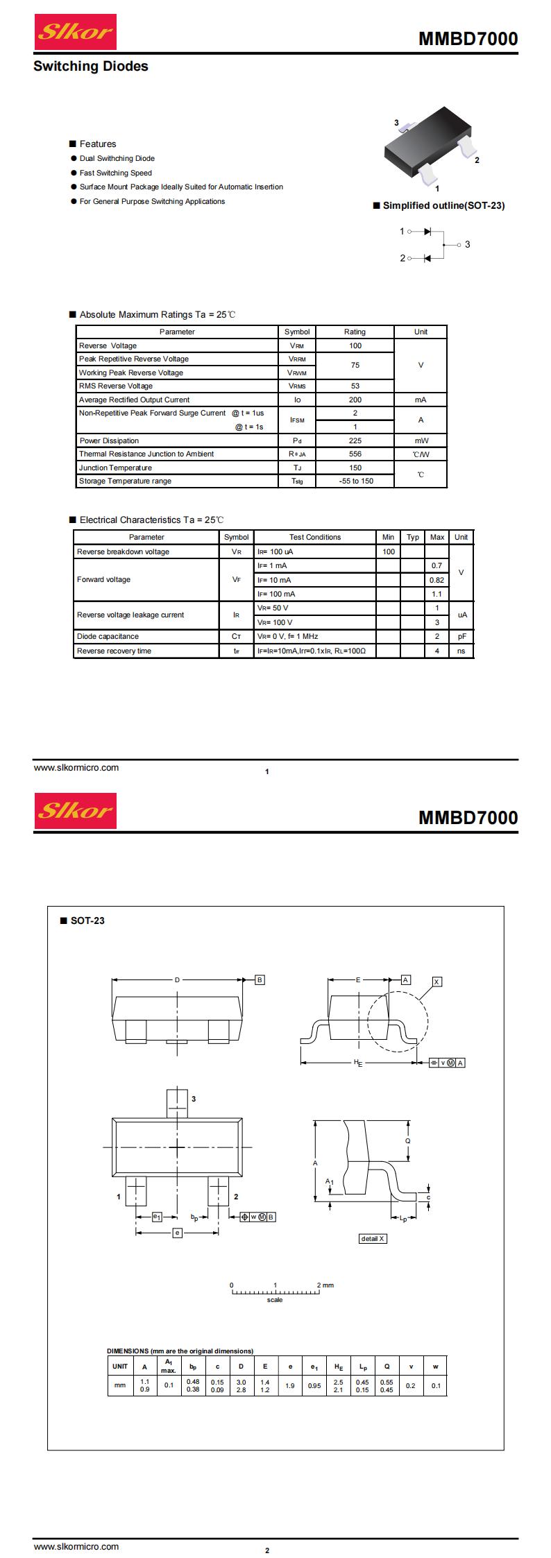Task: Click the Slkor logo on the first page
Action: (75, 31)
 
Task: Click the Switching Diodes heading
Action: (91, 67)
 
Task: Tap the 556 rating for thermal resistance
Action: (355, 454)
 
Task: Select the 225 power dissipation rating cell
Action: (355, 440)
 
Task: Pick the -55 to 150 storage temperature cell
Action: (355, 481)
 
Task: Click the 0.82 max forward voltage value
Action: (436, 580)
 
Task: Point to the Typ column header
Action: (413, 537)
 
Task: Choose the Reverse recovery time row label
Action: (114, 651)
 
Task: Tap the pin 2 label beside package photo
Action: (477, 160)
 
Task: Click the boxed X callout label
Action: (436, 982)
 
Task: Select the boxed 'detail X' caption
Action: (373, 1238)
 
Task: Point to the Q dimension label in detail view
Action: (408, 1141)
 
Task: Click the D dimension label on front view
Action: (177, 980)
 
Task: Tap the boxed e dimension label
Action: (177, 1233)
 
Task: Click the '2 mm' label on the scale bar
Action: (325, 1285)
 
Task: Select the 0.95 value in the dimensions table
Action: (314, 1385)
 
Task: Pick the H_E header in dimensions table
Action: (339, 1367)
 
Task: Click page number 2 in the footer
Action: (267, 1550)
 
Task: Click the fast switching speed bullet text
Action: (115, 173)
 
